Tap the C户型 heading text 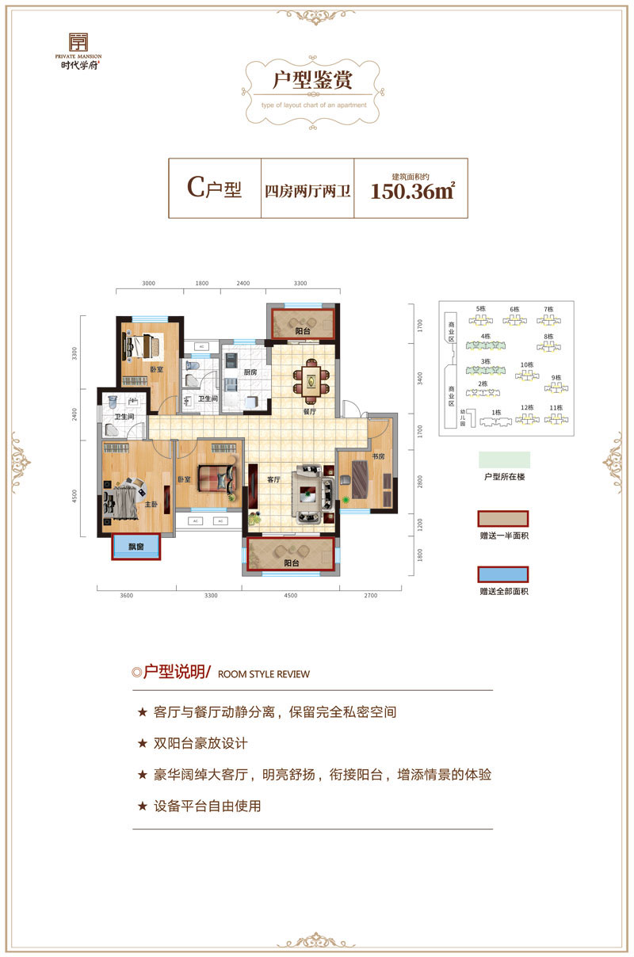[x=214, y=189]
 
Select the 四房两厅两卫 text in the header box [x=308, y=191]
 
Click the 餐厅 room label [x=310, y=412]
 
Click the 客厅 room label [x=274, y=479]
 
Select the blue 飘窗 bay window [x=136, y=547]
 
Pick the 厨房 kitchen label [x=250, y=372]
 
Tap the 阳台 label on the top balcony [x=303, y=330]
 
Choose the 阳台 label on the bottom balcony [x=291, y=563]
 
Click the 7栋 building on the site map [x=547, y=316]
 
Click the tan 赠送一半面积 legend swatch [x=502, y=519]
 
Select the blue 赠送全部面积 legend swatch [x=502, y=575]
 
